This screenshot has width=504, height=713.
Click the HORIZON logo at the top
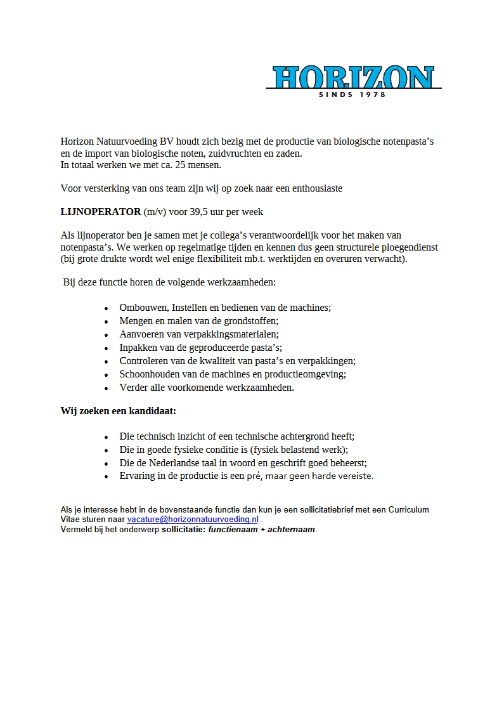click(354, 77)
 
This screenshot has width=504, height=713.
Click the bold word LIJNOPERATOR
click(101, 211)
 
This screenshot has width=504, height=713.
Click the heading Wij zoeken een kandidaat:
click(119, 411)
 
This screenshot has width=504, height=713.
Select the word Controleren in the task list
click(144, 361)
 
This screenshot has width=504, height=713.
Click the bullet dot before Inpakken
click(106, 348)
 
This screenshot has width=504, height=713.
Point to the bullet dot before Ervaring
click(106, 476)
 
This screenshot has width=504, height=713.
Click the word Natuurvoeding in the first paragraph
click(129, 141)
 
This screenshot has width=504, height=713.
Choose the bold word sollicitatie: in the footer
click(183, 529)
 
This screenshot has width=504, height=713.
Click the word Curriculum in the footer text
click(406, 509)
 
